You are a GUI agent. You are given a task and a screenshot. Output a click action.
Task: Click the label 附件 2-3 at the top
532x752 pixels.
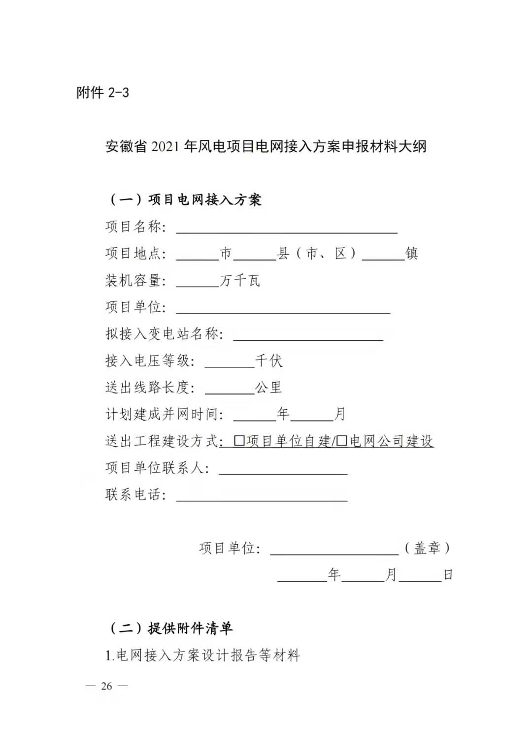pos(102,93)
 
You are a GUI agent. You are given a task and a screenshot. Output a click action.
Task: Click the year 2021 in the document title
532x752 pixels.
pos(165,147)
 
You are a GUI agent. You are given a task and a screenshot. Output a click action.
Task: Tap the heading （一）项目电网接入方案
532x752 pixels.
pos(185,199)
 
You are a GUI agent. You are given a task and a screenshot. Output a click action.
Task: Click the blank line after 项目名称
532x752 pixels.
pos(287,228)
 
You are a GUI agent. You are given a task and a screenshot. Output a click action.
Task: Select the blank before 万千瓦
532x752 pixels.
pos(197,282)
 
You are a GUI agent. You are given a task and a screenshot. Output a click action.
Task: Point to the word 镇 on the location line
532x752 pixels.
pos(411,254)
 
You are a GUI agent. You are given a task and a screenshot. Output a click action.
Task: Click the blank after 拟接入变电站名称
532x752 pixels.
pos(308,335)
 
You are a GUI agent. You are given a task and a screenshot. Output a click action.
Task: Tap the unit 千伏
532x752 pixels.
pos(269,361)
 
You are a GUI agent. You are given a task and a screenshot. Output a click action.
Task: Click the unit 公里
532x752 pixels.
pos(268,388)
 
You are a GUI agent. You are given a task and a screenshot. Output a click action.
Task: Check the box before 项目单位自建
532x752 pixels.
pos(239,440)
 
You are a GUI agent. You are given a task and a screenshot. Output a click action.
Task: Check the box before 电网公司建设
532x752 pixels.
pos(342,440)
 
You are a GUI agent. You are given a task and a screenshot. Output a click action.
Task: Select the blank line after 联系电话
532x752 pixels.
pos(262,496)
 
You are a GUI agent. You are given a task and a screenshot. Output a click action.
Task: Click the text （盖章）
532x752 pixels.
pos(427,548)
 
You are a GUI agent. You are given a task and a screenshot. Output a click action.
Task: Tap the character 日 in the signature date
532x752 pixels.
pos(448,575)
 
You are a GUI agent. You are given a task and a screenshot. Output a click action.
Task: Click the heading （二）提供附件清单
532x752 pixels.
pos(170,628)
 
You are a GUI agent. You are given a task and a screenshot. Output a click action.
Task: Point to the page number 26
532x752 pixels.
pos(106,686)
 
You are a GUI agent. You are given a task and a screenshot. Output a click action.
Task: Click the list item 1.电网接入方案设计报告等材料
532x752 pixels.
pos(202,655)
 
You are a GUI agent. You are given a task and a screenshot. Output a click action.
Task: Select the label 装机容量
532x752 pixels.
pos(133,281)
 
